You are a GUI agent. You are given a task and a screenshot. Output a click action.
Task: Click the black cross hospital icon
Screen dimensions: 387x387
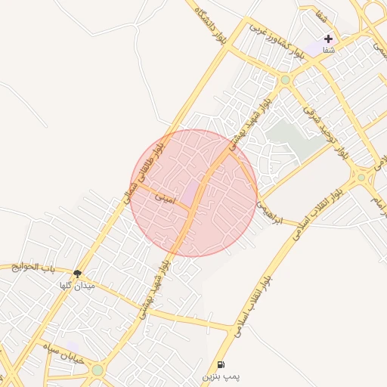328,39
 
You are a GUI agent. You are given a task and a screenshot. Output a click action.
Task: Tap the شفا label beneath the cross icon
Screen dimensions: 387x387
328,50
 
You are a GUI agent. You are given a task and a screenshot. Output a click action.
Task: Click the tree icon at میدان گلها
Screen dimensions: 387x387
77,274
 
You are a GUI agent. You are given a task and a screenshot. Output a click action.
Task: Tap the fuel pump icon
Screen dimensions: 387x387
221,364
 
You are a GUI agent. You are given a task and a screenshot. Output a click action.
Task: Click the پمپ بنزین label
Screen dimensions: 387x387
221,376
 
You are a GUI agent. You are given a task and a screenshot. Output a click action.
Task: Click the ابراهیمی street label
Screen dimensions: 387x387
268,212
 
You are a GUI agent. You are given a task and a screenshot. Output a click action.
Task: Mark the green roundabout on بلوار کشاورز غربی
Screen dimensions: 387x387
285,79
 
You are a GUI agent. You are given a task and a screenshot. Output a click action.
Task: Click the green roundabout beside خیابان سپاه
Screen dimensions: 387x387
97,370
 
